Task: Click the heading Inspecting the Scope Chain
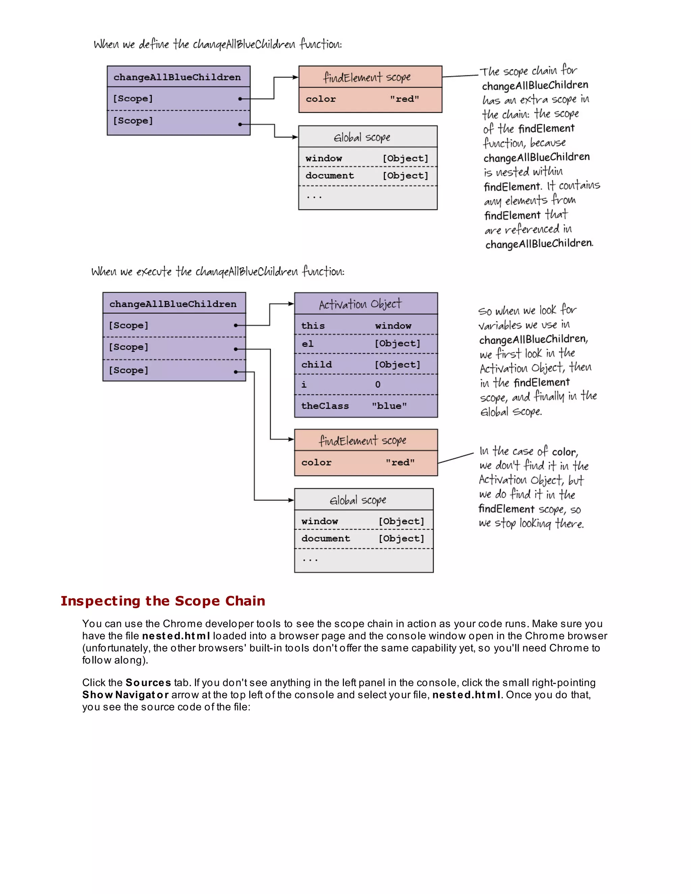[163, 601]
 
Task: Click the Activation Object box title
[360, 304]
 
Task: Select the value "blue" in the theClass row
[389, 406]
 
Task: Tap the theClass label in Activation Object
[325, 406]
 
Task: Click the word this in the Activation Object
[313, 326]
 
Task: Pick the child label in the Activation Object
[316, 364]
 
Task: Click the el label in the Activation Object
[307, 344]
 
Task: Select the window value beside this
[393, 326]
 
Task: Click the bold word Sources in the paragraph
[148, 683]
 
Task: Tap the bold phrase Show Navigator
[125, 695]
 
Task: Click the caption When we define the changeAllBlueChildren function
[218, 44]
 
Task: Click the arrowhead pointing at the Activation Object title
[291, 304]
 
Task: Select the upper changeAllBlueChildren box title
[177, 77]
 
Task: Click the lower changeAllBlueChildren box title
[173, 304]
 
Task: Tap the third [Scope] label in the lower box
[129, 370]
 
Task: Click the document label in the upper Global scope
[330, 176]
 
